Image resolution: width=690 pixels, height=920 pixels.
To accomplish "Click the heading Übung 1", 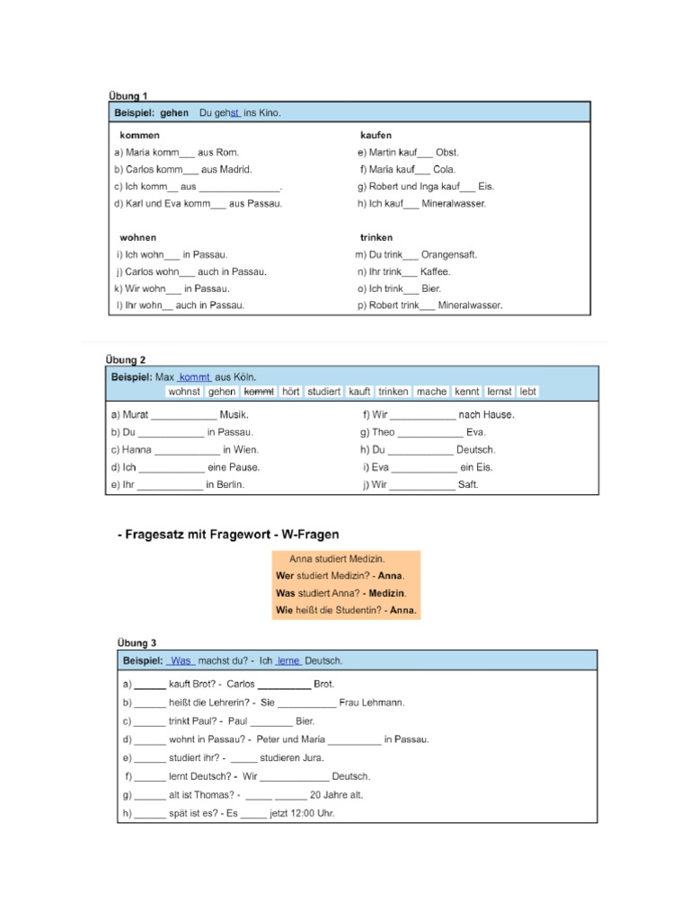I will click(128, 95).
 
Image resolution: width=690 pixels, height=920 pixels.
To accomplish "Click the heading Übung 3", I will click(137, 642).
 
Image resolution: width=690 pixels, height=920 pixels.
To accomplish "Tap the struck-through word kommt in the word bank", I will click(259, 392).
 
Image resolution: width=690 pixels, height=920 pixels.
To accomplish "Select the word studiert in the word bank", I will click(323, 392).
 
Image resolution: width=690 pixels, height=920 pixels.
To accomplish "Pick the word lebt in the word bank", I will click(527, 392).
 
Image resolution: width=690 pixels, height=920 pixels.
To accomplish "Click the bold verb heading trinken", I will click(376, 238).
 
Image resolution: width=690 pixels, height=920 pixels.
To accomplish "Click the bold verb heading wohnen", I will click(137, 238).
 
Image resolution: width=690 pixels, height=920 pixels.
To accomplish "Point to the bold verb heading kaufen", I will click(376, 135).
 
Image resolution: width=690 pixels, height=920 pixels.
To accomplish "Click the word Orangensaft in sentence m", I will click(449, 255).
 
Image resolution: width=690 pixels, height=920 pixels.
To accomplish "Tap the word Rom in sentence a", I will click(229, 153).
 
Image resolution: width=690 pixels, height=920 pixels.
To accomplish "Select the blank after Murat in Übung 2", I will click(184, 415).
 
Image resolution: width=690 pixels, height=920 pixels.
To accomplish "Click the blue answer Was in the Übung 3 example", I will click(181, 661).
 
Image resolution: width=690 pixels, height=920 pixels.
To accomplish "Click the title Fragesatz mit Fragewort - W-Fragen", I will click(228, 535).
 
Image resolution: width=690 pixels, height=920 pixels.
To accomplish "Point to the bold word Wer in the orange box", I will click(285, 576).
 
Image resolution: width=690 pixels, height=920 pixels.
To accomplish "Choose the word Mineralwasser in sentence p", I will click(470, 305).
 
